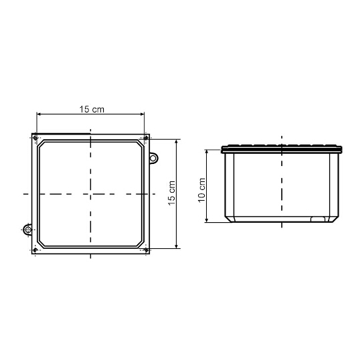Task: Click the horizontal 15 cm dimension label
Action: pyautogui.click(x=92, y=109)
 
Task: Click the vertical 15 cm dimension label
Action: pyautogui.click(x=172, y=193)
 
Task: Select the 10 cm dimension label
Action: pyautogui.click(x=201, y=190)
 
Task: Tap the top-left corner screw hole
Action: pyautogui.click(x=35, y=138)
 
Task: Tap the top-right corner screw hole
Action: pyautogui.click(x=146, y=138)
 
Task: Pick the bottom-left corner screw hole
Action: pyautogui.click(x=35, y=250)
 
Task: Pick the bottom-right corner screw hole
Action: pyautogui.click(x=146, y=250)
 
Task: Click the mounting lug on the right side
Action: pyautogui.click(x=154, y=158)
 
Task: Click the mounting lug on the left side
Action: pyautogui.click(x=27, y=230)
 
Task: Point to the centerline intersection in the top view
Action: pyautogui.click(x=90, y=194)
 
